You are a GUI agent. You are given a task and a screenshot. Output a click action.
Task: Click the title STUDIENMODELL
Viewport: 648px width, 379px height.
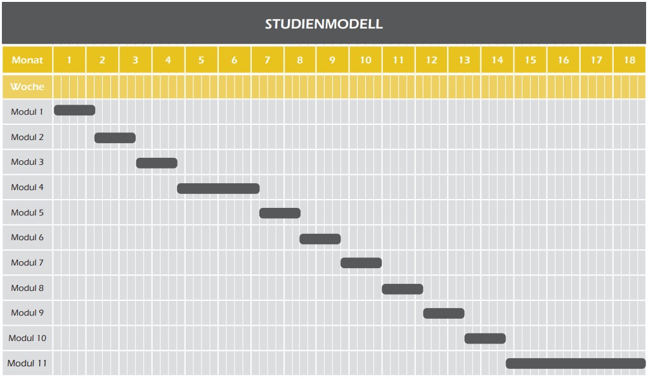click(x=324, y=24)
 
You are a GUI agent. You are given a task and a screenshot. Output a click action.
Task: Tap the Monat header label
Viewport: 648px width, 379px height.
click(x=27, y=60)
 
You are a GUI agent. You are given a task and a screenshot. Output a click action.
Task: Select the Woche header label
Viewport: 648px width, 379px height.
click(x=27, y=87)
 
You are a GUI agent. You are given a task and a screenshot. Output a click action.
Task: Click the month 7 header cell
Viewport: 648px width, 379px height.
click(x=268, y=60)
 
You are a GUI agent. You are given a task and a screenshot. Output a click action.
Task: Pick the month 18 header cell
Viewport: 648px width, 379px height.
click(x=630, y=60)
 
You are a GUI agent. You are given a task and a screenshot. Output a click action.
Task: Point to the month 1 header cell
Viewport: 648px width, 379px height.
click(x=70, y=60)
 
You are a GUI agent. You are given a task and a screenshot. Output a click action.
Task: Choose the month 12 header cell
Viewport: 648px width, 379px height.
click(x=431, y=60)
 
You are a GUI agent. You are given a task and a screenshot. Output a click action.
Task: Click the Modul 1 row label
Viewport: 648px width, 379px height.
click(x=27, y=112)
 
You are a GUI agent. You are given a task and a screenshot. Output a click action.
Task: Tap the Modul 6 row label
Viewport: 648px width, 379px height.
click(x=27, y=238)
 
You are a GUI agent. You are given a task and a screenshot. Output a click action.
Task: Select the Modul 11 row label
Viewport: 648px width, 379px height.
click(x=27, y=363)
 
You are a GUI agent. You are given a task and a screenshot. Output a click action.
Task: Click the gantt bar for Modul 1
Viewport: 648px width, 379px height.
click(x=74, y=110)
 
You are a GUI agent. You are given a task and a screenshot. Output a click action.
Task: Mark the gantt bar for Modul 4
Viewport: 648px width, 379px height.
click(x=218, y=188)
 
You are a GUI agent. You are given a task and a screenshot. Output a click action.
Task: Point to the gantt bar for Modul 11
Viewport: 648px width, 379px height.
click(x=576, y=363)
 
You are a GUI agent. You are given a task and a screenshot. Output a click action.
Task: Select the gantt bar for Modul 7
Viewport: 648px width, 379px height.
click(x=361, y=263)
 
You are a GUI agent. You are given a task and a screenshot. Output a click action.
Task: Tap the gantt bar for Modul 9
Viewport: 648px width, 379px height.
click(x=444, y=313)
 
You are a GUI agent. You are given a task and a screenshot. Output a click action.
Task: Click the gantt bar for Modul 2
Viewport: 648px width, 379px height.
click(x=115, y=138)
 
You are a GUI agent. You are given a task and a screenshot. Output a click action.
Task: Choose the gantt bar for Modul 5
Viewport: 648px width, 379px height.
click(x=280, y=213)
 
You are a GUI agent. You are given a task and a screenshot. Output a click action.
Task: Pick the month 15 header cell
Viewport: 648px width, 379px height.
click(x=530, y=60)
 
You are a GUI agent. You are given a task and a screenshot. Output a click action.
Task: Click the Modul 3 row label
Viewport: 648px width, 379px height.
click(x=27, y=162)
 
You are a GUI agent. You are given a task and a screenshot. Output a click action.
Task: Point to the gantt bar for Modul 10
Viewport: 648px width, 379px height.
click(x=485, y=338)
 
